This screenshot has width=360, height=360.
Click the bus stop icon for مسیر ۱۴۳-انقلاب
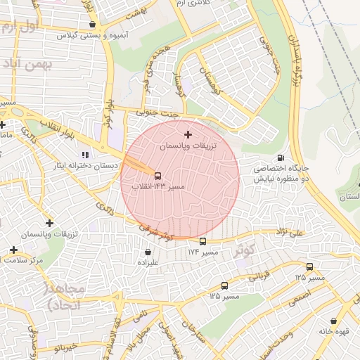(x=157, y=176)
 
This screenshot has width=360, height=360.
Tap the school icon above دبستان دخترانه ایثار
(x=85, y=155)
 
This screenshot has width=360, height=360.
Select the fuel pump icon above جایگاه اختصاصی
(x=281, y=157)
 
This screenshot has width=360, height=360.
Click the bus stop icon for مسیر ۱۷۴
(x=203, y=241)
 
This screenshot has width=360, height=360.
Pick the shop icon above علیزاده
(x=148, y=251)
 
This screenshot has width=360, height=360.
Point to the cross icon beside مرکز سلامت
(x=14, y=250)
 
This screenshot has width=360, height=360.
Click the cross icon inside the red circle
(x=187, y=134)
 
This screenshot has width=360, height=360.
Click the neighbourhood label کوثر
(x=245, y=250)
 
